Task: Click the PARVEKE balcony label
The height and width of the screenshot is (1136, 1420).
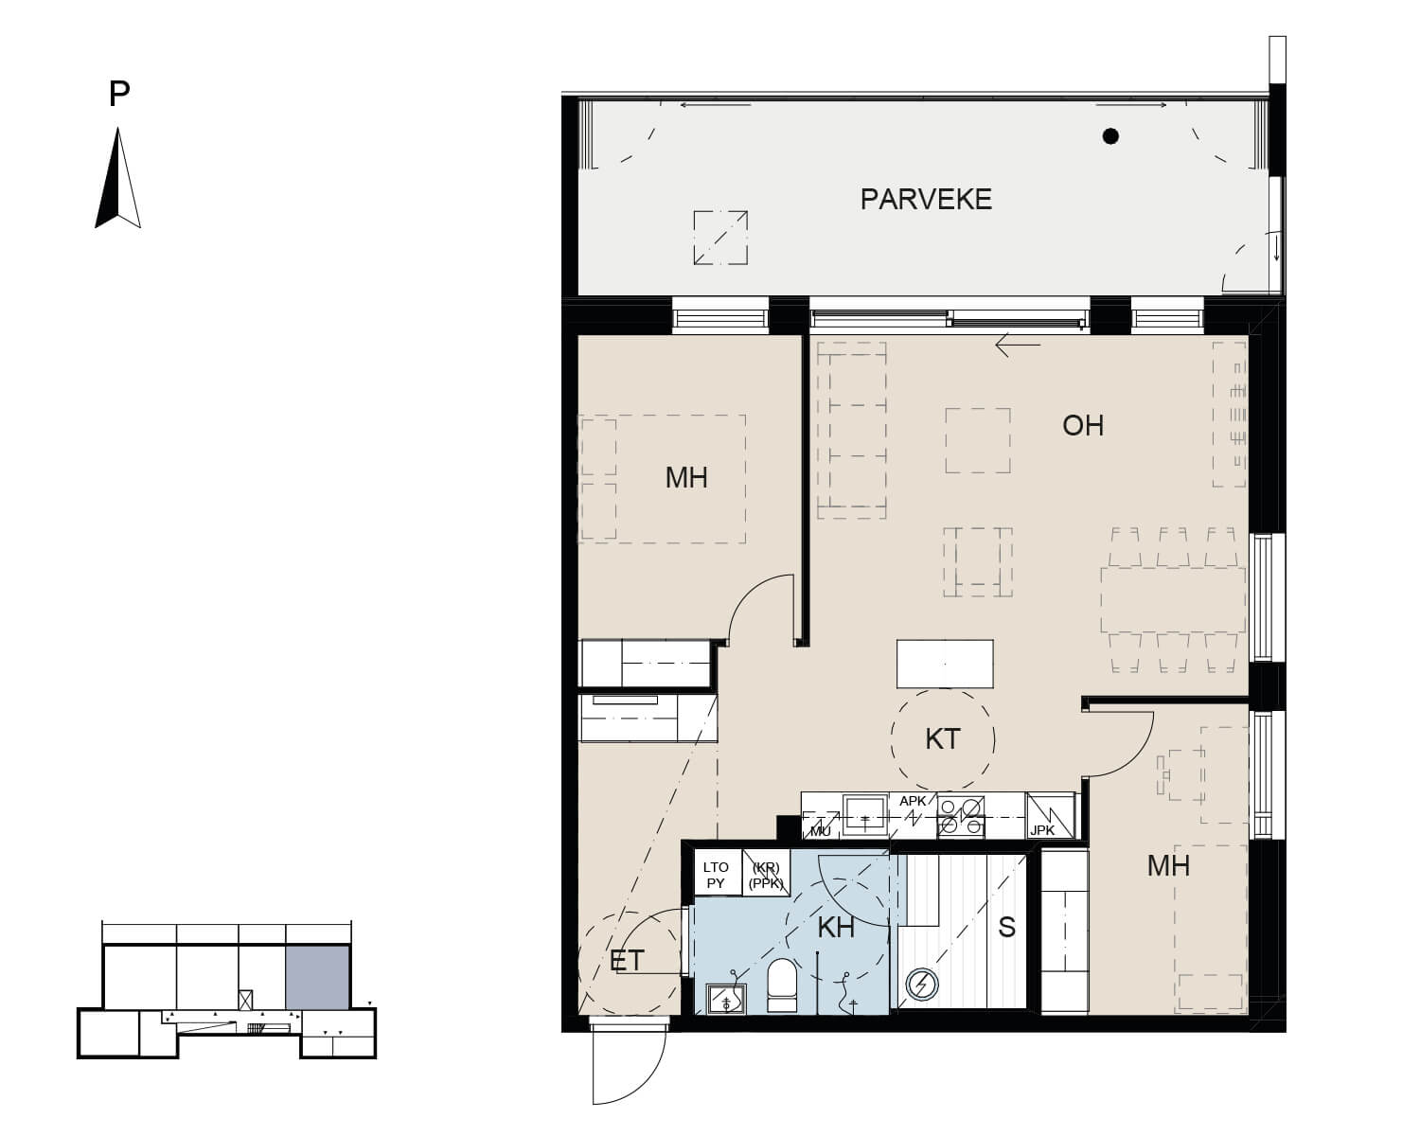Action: coord(926,200)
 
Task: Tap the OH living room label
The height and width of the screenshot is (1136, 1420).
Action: coord(1083,426)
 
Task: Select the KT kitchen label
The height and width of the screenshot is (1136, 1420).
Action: coord(942,739)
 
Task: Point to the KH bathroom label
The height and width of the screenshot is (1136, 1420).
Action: coord(836,928)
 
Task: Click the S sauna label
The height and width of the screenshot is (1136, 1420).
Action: coord(1006,928)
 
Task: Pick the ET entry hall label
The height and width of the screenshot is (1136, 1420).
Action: coord(627,961)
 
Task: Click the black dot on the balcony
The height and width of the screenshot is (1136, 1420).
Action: coord(1110,136)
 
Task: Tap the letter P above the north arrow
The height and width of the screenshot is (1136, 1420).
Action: coord(119,94)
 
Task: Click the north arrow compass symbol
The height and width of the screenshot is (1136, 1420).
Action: coord(118,178)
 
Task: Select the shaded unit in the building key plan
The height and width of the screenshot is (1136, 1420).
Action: coord(317,977)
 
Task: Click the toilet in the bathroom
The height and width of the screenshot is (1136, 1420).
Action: coord(783,985)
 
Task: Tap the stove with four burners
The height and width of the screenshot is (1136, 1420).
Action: coord(961,817)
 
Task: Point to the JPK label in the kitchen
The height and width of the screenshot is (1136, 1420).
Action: coord(1042,830)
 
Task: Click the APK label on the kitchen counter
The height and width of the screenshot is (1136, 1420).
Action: coord(913,801)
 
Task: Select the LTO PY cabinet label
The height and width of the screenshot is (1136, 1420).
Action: coord(716,876)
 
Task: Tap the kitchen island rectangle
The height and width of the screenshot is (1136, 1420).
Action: coord(945,664)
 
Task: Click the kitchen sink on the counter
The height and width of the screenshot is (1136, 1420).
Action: coord(865,816)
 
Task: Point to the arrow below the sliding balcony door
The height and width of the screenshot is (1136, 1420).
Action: coord(1018,345)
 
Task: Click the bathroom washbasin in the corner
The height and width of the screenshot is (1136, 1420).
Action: coord(726,999)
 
